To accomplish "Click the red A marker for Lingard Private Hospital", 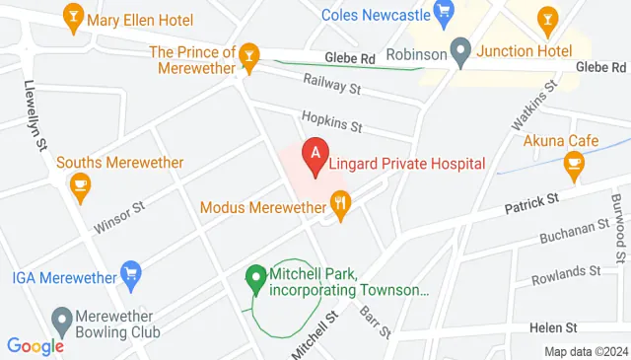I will pyautogui.click(x=315, y=155).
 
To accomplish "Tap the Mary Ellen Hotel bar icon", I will pyautogui.click(x=72, y=17).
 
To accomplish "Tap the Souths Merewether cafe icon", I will pyautogui.click(x=79, y=183).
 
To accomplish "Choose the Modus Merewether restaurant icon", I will pyautogui.click(x=341, y=207).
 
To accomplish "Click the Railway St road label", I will pyautogui.click(x=333, y=88).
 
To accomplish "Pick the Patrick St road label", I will pyautogui.click(x=531, y=204).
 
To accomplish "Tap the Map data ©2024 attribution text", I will pyautogui.click(x=586, y=351).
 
